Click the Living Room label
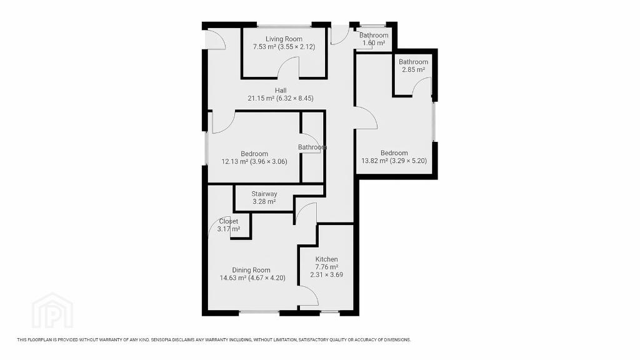tap(284, 39)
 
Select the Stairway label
tap(264, 194)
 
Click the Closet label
tap(229, 221)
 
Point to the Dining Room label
tap(251, 270)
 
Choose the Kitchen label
tap(326, 259)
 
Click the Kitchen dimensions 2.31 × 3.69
tap(326, 275)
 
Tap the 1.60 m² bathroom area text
tap(374, 43)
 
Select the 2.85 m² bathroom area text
tap(414, 70)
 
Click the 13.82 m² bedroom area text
tap(374, 161)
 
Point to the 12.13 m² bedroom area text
tap(235, 162)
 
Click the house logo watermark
tap(52, 310)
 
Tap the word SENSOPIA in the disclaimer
tap(162, 339)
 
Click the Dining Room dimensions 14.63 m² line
tap(252, 278)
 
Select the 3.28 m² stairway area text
tap(264, 202)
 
